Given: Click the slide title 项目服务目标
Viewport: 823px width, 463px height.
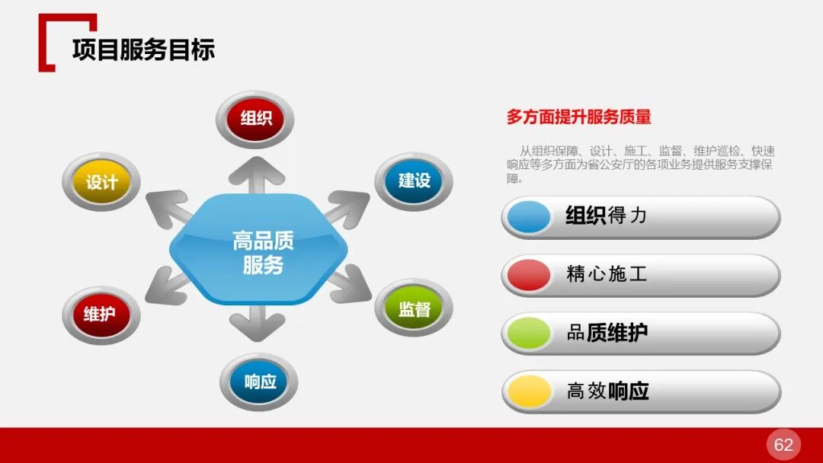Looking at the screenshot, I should (143, 49).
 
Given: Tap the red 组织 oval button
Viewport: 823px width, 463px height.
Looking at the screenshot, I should (255, 118).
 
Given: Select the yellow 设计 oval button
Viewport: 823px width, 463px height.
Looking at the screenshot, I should (101, 183).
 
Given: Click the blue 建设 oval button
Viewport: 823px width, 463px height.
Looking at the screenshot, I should (414, 180).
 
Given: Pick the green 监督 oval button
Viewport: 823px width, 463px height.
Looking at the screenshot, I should (414, 308).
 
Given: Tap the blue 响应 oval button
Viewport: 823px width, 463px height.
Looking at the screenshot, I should (259, 382).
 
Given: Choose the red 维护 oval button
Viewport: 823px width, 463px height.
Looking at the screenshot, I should (101, 314).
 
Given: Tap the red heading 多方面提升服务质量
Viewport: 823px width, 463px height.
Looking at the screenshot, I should (578, 117).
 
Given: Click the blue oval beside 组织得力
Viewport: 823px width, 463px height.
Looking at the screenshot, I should (528, 217).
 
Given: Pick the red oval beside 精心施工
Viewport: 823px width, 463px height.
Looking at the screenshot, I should (528, 275).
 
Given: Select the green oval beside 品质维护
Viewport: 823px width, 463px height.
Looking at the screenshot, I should (528, 334).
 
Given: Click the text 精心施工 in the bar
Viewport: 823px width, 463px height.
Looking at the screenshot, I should (607, 274).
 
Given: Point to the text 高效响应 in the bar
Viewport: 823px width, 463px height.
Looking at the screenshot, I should (607, 391).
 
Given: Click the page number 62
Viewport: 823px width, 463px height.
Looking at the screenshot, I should (783, 445).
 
